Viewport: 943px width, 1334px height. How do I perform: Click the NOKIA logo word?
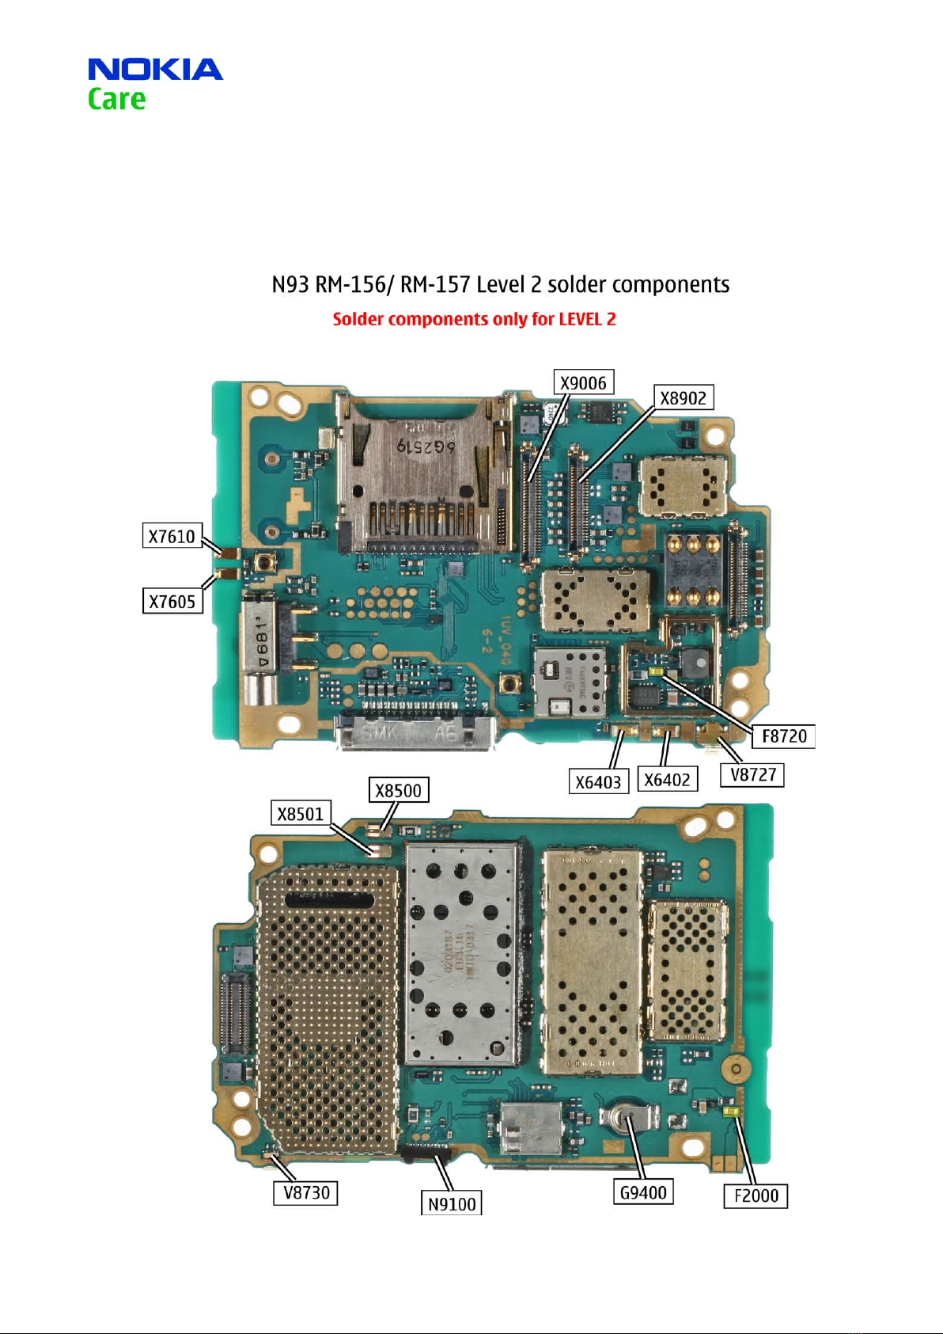coord(155,70)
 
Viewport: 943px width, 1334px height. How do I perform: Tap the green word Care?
coord(116,100)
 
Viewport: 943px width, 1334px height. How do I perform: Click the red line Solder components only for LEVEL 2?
coord(474,319)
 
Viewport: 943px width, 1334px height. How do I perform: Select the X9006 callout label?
coord(583,383)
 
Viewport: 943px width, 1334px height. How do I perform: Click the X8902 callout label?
coord(684,397)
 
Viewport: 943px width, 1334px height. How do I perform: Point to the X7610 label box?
coord(172,536)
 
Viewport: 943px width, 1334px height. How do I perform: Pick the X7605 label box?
coord(172,602)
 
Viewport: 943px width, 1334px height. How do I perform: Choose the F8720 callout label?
coord(783,736)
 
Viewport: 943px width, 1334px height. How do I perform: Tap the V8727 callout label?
coord(752,774)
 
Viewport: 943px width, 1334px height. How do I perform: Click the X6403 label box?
coord(598,782)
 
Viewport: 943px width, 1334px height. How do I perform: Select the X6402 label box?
coord(667,780)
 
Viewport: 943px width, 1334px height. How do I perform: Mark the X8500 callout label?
coord(398,790)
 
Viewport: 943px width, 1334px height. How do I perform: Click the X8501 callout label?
coord(300,813)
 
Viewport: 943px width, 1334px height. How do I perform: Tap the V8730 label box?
coord(305,1192)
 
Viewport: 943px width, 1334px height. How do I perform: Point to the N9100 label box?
coord(451,1204)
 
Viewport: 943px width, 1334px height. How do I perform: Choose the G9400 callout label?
coord(643,1192)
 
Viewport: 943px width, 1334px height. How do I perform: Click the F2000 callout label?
coord(756,1195)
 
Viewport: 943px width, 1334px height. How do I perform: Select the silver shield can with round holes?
coord(462,954)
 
